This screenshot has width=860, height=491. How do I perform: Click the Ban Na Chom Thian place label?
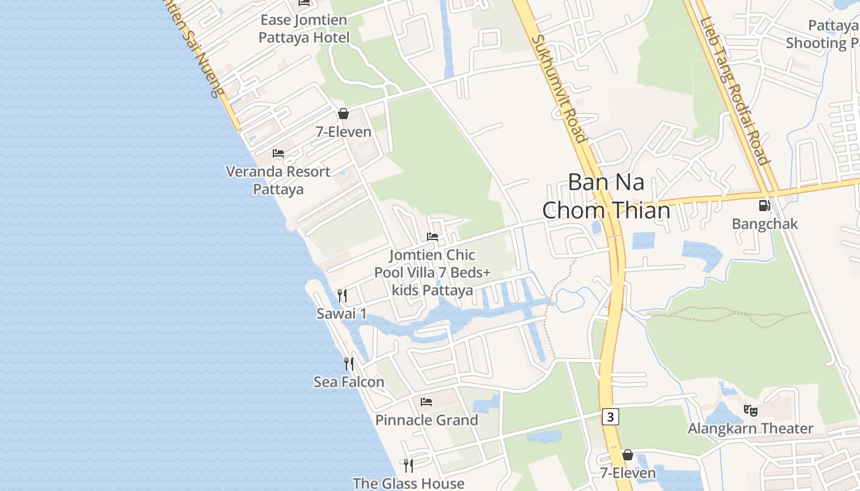click(606, 196)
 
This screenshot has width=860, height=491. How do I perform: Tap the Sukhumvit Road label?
click(558, 88)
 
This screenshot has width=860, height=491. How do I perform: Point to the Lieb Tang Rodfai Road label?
click(735, 91)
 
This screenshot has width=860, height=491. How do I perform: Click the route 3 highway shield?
click(609, 417)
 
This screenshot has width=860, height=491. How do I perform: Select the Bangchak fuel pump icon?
click(764, 206)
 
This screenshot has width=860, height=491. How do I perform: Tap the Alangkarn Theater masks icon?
click(749, 410)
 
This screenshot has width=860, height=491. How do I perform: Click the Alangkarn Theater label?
click(750, 428)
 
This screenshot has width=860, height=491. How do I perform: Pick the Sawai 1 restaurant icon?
click(342, 296)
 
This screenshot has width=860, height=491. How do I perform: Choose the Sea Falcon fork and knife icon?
click(349, 364)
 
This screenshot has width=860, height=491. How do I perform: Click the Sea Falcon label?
click(349, 382)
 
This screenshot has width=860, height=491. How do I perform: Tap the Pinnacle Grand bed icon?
click(426, 402)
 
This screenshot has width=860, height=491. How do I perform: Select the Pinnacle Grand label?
click(426, 420)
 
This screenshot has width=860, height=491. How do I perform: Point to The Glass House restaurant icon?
click(408, 465)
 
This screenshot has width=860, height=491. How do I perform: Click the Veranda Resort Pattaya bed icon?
click(278, 153)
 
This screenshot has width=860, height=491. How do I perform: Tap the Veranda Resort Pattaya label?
click(278, 180)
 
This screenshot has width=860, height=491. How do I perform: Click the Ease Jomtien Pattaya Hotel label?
click(303, 29)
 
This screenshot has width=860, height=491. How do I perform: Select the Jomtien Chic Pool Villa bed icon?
click(432, 237)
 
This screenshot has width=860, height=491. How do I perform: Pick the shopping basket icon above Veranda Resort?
click(343, 114)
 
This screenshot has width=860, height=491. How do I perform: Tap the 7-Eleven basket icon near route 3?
click(628, 455)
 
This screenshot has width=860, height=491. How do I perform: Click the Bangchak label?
click(765, 224)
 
